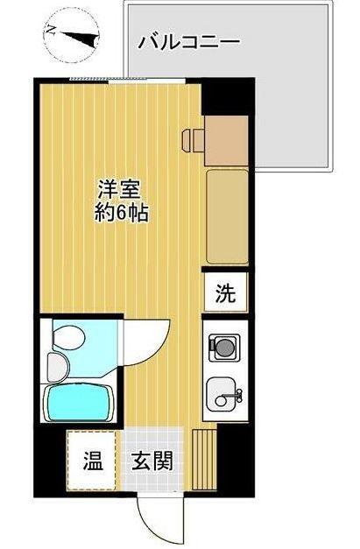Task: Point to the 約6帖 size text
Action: click(120, 213)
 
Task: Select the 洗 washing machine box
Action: click(226, 294)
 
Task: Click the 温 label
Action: click(90, 459)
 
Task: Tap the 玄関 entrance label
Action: click(152, 459)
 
